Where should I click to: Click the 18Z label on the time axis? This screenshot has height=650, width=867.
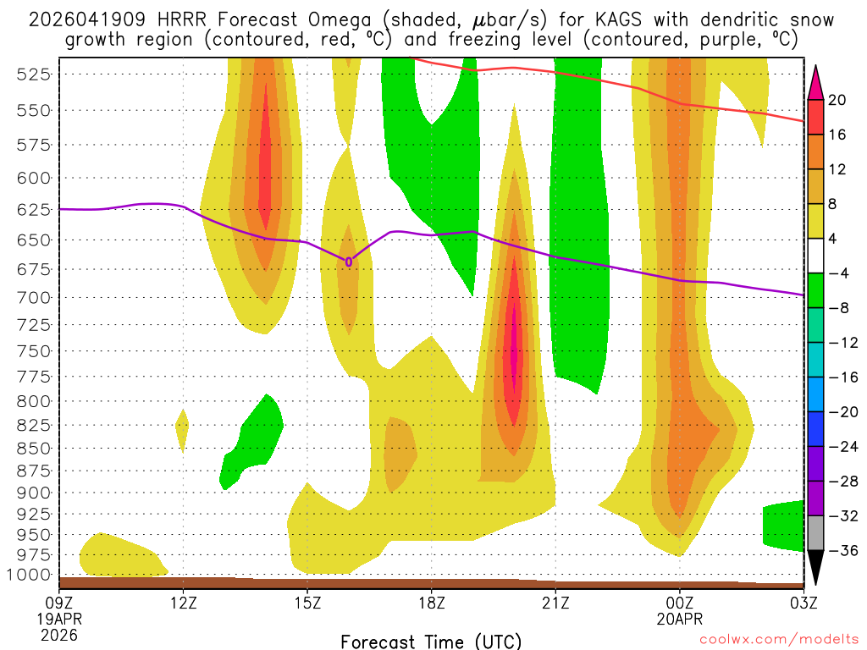431,603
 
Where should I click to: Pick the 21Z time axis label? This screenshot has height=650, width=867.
555,603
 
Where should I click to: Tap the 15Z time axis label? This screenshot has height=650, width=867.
307,603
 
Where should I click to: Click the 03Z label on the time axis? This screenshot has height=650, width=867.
803,603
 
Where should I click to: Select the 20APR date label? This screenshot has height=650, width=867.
680,619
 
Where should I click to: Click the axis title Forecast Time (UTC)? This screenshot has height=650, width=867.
431,641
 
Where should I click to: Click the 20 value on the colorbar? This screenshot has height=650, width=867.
837,100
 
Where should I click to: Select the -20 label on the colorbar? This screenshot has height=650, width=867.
841,412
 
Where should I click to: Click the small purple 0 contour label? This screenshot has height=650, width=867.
349,262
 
